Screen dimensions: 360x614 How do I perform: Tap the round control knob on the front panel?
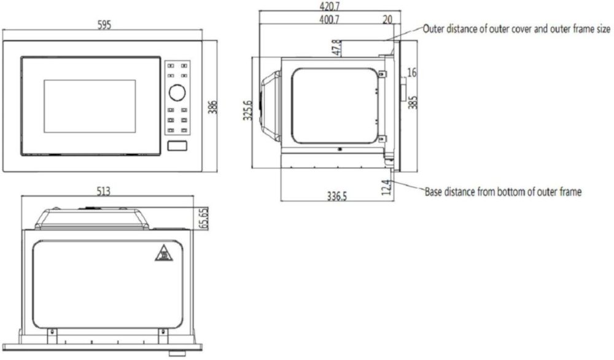click(177, 93)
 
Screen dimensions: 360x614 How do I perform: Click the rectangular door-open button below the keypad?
click(177, 146)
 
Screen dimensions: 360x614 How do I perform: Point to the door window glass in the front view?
click(90, 106)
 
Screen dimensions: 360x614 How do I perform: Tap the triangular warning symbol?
click(163, 252)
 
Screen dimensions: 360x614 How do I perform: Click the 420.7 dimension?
click(329, 6)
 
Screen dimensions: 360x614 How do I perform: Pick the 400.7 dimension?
click(329, 20)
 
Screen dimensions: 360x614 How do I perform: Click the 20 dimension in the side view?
click(387, 20)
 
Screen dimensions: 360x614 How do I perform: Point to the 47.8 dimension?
click(336, 49)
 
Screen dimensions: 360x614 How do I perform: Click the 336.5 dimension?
click(337, 197)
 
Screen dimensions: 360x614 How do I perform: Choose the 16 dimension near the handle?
click(412, 73)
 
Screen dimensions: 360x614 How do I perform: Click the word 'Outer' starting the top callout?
click(435, 29)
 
